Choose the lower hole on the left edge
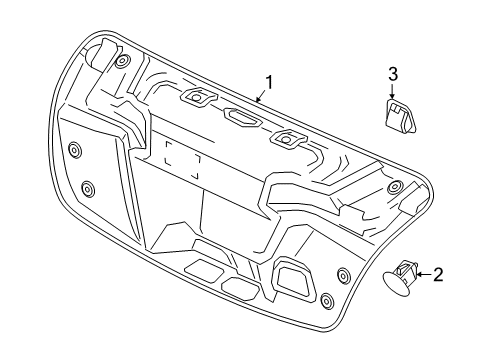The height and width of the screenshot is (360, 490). [x=87, y=189]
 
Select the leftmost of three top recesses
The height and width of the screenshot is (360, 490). [x=195, y=98]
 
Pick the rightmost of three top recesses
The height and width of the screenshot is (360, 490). [x=289, y=139]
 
